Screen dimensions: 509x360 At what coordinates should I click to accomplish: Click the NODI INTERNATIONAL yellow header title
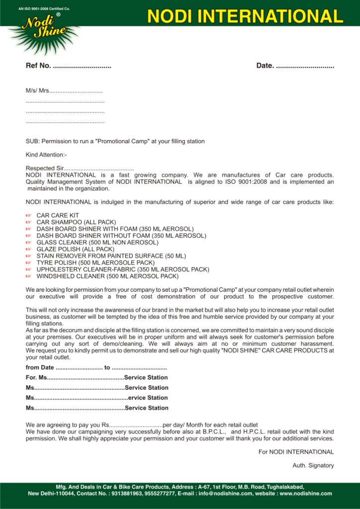click(x=245, y=16)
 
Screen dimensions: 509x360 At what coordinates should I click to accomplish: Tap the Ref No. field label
click(x=38, y=66)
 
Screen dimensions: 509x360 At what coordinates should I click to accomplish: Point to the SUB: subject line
click(x=115, y=141)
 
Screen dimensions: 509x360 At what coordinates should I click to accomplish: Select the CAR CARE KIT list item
click(x=58, y=215)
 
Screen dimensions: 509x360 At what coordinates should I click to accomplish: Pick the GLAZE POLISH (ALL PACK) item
click(x=76, y=249)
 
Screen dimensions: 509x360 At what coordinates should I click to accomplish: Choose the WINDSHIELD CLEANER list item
click(x=107, y=276)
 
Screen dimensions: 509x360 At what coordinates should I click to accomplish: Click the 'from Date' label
click(x=40, y=368)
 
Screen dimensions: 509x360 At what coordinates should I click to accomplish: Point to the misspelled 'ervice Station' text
click(x=148, y=398)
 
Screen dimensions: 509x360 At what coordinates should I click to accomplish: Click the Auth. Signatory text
click(x=313, y=465)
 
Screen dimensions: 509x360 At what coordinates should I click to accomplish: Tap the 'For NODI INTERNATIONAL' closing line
click(x=296, y=452)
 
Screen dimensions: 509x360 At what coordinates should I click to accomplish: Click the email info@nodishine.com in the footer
click(x=225, y=494)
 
